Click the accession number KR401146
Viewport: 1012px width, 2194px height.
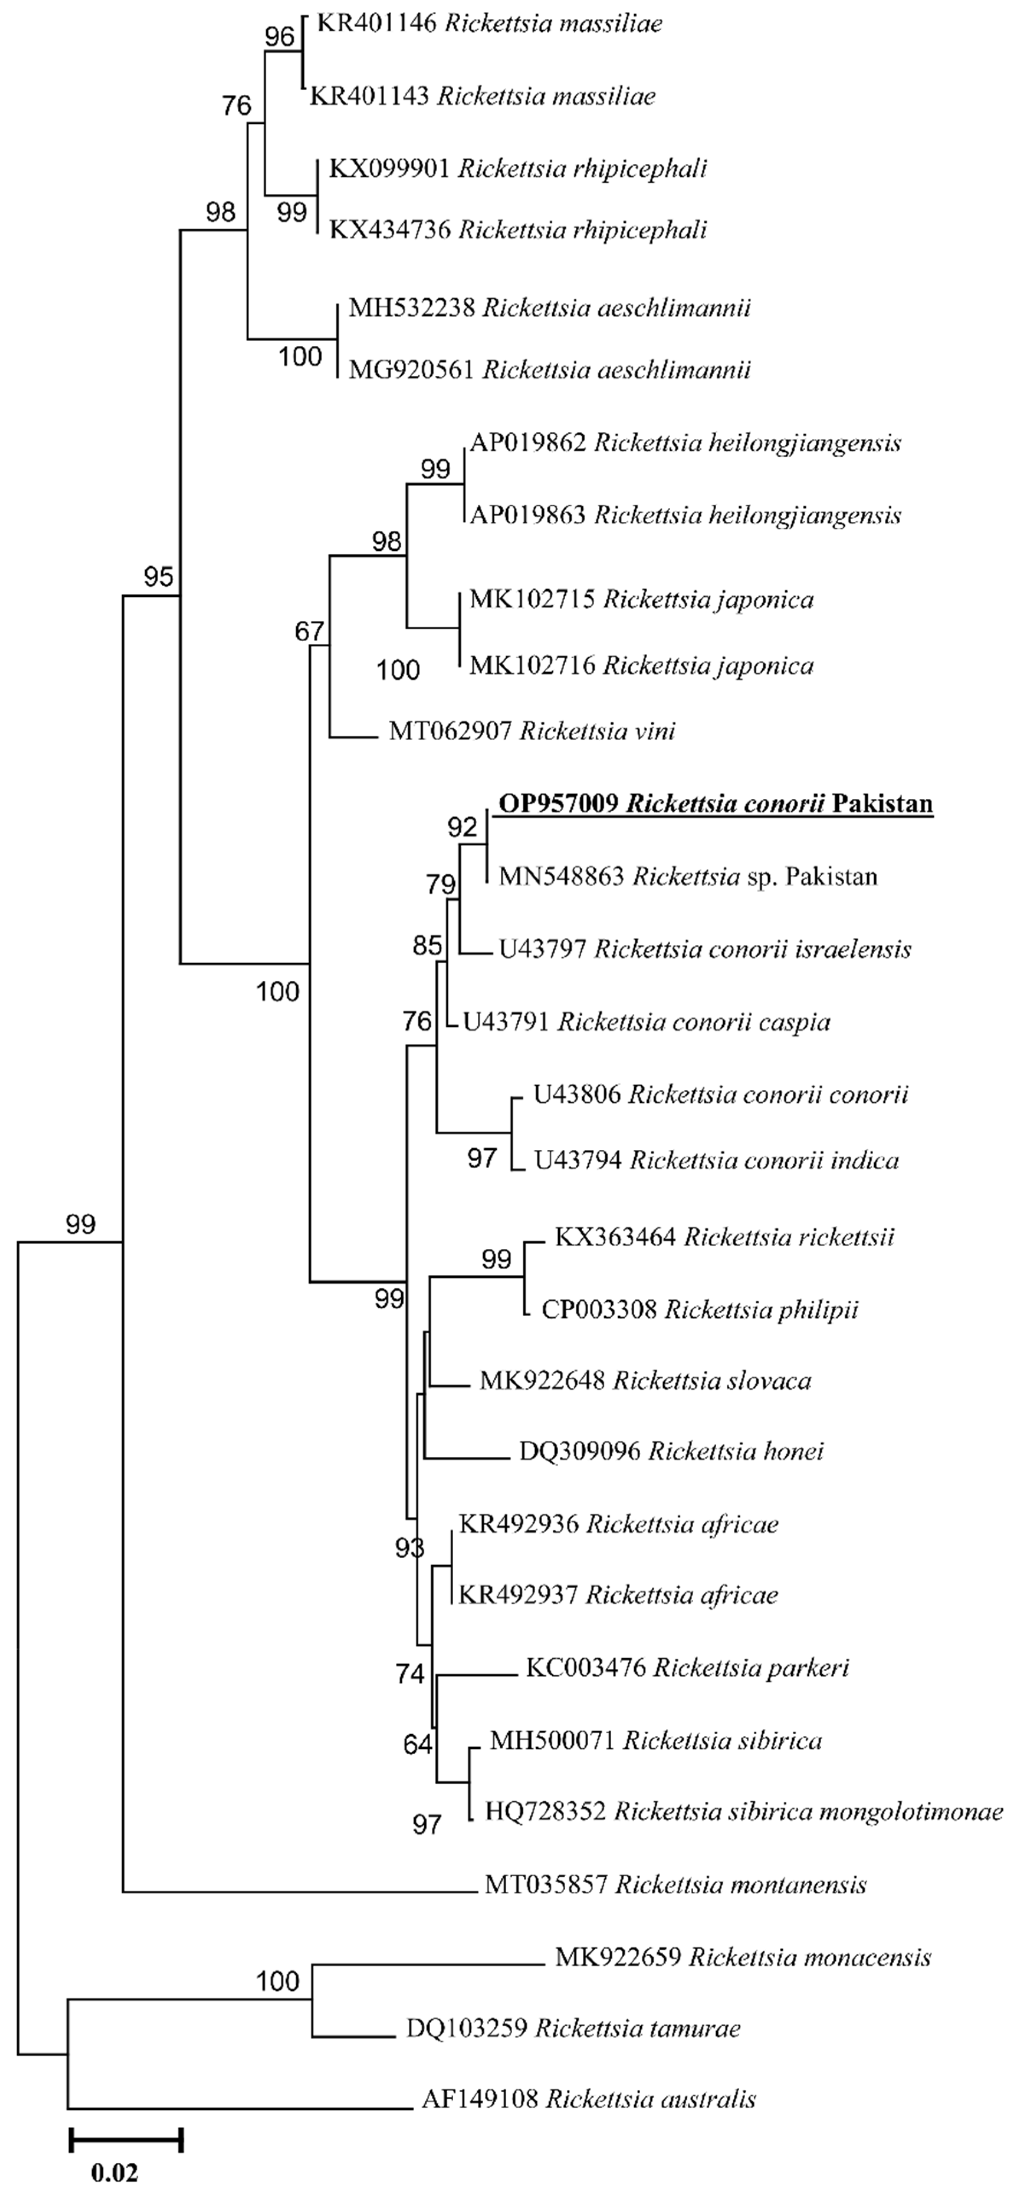pos(376,23)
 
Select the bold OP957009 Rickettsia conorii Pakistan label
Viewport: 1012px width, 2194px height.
pos(715,804)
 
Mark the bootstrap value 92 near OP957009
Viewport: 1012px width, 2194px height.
pos(464,828)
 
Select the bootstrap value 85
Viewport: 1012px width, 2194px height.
pos(428,945)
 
